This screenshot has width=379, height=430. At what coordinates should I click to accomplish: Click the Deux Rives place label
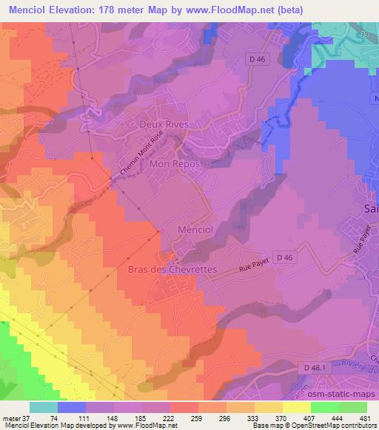coord(164,125)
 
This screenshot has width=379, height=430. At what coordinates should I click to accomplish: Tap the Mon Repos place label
coord(175,163)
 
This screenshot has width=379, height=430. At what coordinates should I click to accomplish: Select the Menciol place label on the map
coord(196,230)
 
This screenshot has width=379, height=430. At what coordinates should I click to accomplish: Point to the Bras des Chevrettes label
coord(172,270)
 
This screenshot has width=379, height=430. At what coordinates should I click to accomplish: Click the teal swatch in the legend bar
coord(44,407)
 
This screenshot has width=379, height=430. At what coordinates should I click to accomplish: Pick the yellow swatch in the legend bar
coord(296,407)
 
